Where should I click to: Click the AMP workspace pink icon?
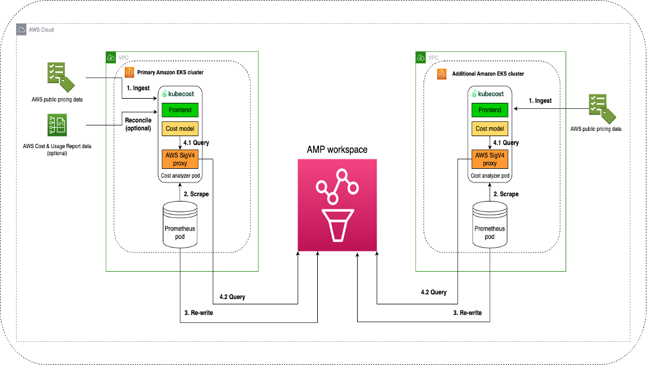(339, 205)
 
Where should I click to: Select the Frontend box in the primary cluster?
(180, 110)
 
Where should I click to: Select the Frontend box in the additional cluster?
(490, 110)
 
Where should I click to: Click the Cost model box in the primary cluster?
(180, 128)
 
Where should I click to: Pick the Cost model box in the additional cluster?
(490, 128)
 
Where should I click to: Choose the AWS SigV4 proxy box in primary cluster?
(180, 159)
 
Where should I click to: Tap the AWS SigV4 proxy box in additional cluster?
(490, 159)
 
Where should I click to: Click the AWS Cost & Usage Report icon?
(58, 127)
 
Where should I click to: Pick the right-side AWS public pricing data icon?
(601, 108)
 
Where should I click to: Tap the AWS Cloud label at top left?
(41, 30)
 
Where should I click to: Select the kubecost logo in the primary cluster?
(180, 94)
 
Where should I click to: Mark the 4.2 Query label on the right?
(434, 292)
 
